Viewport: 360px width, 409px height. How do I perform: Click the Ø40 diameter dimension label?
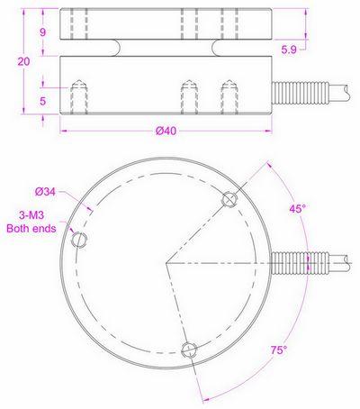point(165,132)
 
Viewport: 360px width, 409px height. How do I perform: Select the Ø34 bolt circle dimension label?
point(46,191)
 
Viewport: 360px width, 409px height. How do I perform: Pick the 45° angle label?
point(297,208)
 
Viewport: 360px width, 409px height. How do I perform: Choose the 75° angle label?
point(280,349)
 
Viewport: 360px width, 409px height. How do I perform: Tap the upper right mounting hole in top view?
point(229,199)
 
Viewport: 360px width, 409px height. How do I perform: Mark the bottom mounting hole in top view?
point(188,350)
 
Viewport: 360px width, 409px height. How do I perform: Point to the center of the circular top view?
point(166,262)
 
